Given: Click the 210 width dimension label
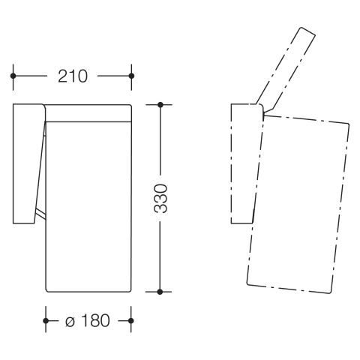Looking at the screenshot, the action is tap(73, 76).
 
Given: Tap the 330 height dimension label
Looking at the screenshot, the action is tap(160, 199).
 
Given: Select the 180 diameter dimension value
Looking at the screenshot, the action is tap(95, 320).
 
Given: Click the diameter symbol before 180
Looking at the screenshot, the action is tap(70, 322).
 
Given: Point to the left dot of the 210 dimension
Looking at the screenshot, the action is tap(13, 76).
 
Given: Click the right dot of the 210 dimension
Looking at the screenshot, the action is tap(131, 76).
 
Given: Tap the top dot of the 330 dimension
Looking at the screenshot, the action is tap(160, 105).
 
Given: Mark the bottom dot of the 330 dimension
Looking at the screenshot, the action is tap(160, 292).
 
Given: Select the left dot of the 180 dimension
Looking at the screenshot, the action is tap(46, 320).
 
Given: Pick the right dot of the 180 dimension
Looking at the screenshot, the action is tap(130, 320).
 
